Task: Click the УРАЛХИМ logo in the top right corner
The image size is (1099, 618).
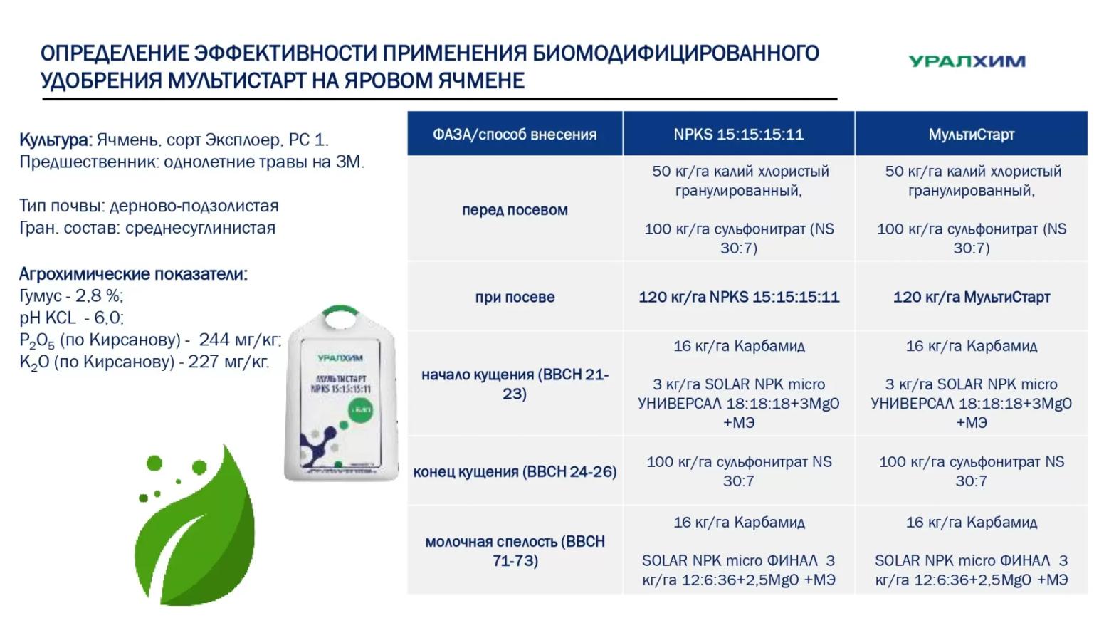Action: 966,61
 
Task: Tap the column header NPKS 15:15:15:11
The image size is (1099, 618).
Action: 738,135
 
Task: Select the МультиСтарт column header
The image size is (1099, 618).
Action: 971,135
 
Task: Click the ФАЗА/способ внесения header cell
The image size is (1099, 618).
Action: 515,135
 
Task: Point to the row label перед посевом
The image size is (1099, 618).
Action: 515,210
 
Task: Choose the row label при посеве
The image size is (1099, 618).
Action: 515,297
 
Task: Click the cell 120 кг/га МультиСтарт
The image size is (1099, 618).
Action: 971,297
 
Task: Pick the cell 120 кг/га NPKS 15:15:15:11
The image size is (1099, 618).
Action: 738,297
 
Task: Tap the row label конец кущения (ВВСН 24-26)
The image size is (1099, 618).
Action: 515,471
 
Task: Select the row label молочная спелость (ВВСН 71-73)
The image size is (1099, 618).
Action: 515,550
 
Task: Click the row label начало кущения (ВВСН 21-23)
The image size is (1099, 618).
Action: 515,384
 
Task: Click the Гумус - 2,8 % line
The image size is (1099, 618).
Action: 71,295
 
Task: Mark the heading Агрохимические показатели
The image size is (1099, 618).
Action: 133,274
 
